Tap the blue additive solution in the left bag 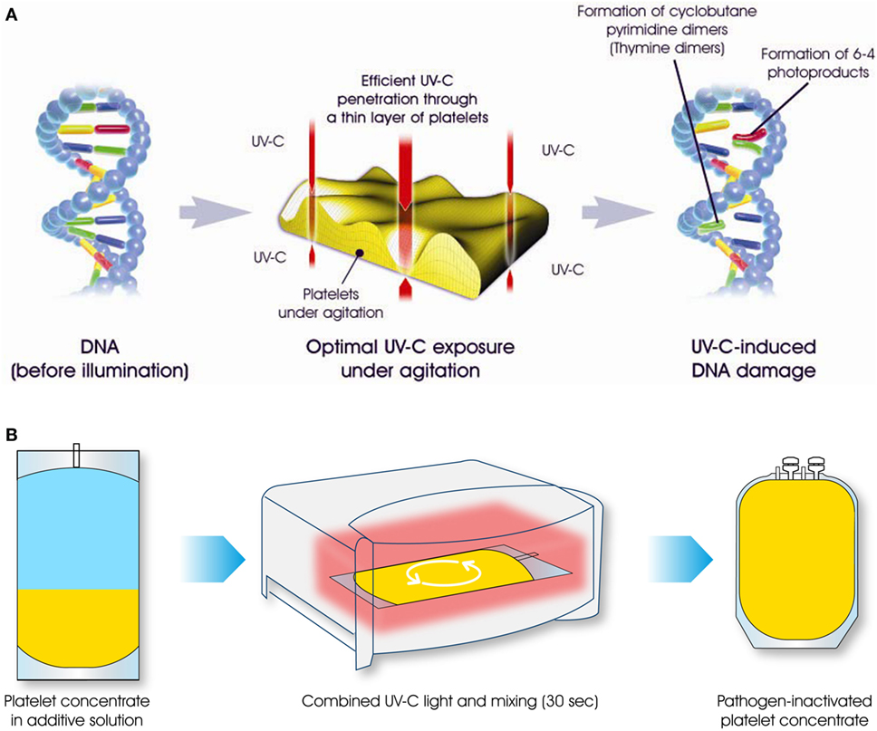[x=76, y=534]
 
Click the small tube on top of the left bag [x=77, y=454]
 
